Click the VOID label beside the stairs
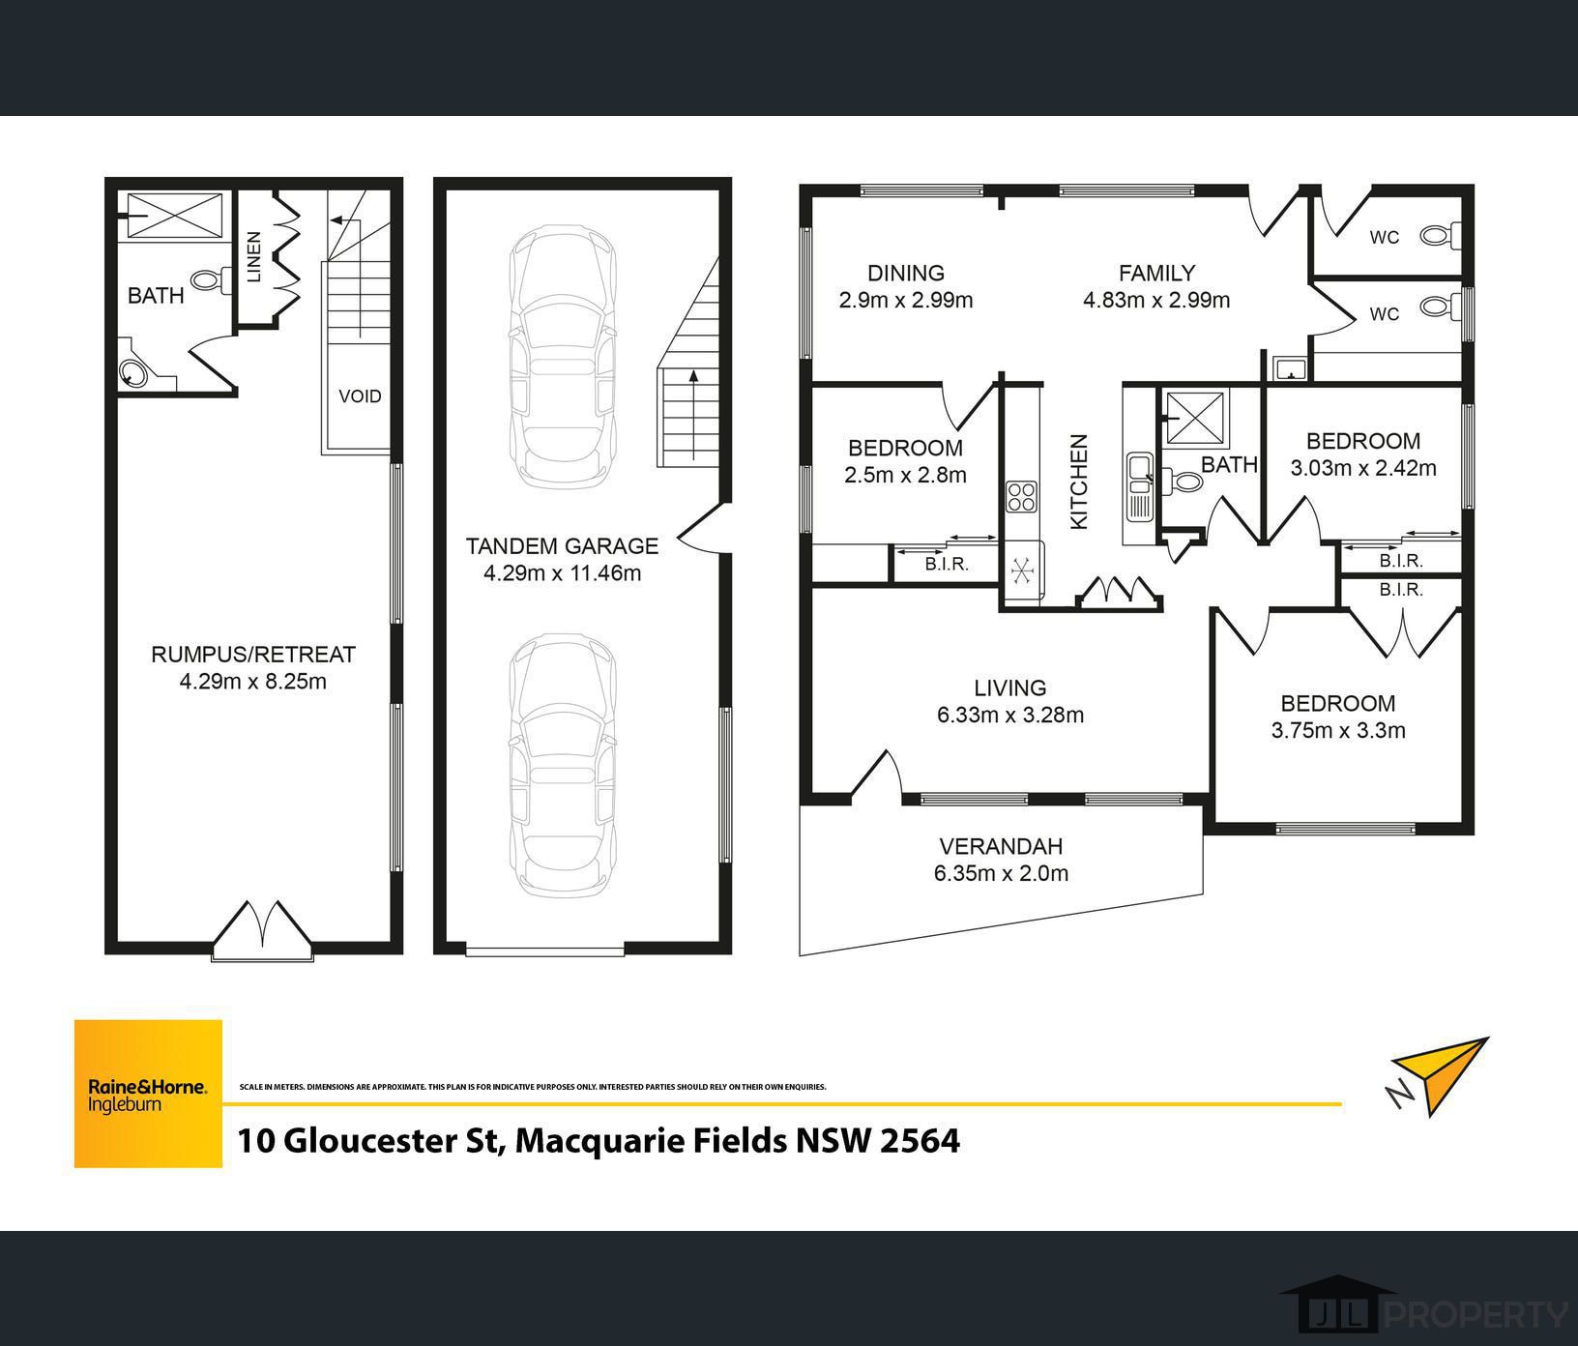(360, 395)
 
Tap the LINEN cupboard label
(254, 256)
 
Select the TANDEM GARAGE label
(562, 546)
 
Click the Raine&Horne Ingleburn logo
(148, 1094)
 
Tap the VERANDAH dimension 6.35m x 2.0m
(1001, 874)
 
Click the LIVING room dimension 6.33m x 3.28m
(1010, 716)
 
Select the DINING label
(906, 274)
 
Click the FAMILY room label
(1156, 274)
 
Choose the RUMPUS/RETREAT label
(253, 655)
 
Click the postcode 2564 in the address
(920, 1141)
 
